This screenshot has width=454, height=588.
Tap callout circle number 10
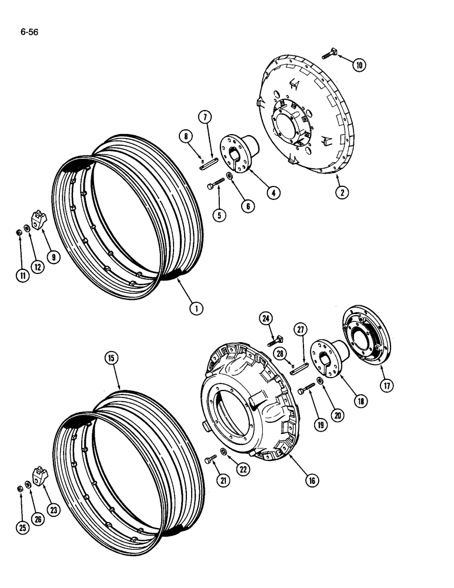(x=358, y=65)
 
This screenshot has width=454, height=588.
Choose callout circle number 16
(x=312, y=480)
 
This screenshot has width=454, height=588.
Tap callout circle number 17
(x=386, y=386)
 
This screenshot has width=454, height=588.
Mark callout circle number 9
(x=55, y=257)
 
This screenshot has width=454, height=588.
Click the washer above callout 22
(x=225, y=452)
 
